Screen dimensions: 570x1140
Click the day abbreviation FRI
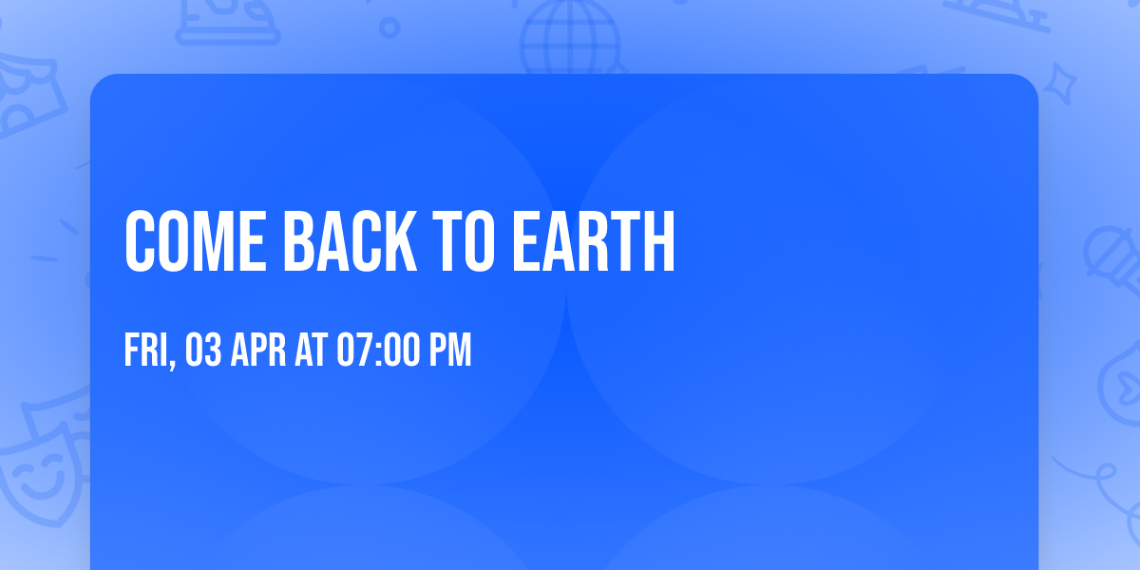145,351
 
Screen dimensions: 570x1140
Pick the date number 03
204,351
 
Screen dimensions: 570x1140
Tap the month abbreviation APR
259,351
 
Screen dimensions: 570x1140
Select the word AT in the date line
312,351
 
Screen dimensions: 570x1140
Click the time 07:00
378,351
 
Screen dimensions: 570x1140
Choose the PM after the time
451,351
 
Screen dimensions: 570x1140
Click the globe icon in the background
570,38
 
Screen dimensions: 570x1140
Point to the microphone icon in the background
1107,252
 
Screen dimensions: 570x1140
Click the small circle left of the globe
389,28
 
